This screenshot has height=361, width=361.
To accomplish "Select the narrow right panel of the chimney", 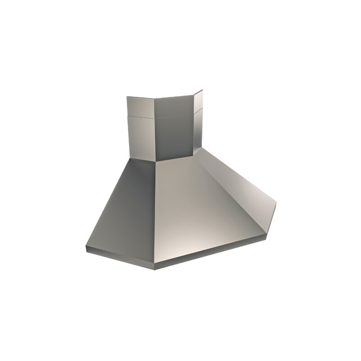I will [x=197, y=126].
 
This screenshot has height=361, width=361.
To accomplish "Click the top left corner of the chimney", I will [x=127, y=96].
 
